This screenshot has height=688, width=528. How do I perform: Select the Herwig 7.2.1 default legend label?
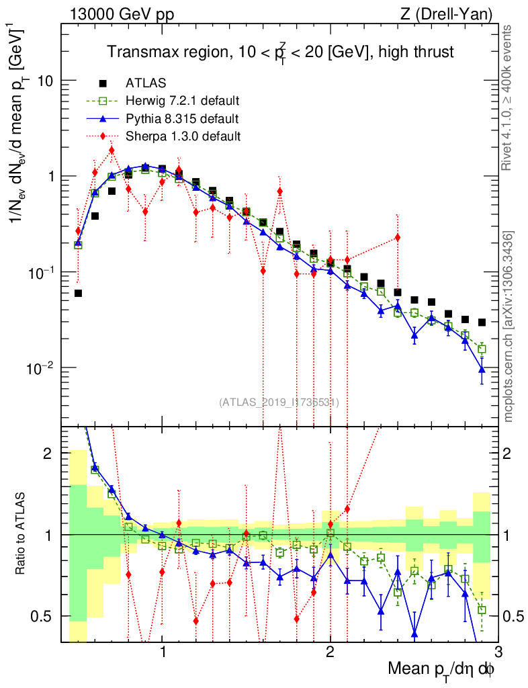point(183,101)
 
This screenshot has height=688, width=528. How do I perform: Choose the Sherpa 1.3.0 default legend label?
point(183,136)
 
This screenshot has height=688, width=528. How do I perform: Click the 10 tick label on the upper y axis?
point(45,81)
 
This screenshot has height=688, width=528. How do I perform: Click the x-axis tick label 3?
point(498,651)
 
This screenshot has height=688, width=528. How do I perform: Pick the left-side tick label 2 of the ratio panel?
point(48,454)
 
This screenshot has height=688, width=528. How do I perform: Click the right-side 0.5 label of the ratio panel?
point(514,616)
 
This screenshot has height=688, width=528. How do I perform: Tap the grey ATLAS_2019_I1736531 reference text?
point(279,402)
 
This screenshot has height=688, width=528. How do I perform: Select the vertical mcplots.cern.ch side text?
point(509,326)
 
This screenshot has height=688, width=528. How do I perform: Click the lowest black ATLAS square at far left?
point(78,293)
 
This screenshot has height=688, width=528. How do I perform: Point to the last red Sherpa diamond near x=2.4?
point(398,237)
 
